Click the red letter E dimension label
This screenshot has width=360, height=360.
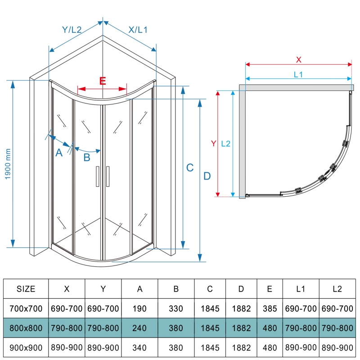pos(103,81)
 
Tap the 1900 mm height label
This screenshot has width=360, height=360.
pos(8,164)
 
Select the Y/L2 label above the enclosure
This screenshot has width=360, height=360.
pos(72,30)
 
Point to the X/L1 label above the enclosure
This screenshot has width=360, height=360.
pos(138,30)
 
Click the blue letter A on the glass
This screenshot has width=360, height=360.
pos(59,153)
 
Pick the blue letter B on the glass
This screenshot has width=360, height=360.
pos(87,157)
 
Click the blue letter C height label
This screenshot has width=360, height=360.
pos(190,167)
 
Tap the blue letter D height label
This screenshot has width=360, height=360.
pos(207,176)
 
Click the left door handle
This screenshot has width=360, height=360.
pos(98,176)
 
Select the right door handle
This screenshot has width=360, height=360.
pos(108,176)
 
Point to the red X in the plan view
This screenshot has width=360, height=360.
pos(298,60)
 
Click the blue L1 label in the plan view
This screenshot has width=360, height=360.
pos(298,74)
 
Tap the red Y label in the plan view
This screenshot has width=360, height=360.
pos(213,144)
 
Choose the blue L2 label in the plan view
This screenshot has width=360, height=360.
pos(226,144)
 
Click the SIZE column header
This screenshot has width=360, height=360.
pos(26,289)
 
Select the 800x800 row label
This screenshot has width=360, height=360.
pos(26,328)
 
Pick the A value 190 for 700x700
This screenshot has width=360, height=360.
pos(139,309)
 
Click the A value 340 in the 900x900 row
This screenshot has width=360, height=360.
pos(139,347)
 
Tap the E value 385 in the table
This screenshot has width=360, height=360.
pos(270,309)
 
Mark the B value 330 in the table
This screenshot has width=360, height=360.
pos(176,309)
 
